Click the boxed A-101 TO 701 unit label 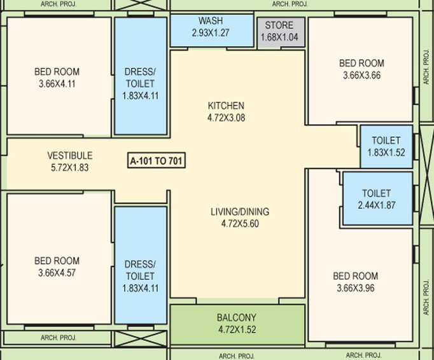pyautogui.click(x=157, y=160)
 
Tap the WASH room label pyautogui.click(x=211, y=21)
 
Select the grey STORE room pyautogui.click(x=281, y=34)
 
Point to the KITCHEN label pyautogui.click(x=226, y=106)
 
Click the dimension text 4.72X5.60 pyautogui.click(x=240, y=224)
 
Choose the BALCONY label pyautogui.click(x=237, y=317)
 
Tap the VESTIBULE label pyautogui.click(x=70, y=155)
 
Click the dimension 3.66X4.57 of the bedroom pyautogui.click(x=57, y=273)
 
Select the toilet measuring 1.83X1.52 pyautogui.click(x=386, y=146)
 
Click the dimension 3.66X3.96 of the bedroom pyautogui.click(x=356, y=288)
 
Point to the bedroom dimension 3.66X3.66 pyautogui.click(x=361, y=75)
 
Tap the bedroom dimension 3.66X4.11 pyautogui.click(x=57, y=84)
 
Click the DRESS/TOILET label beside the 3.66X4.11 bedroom pyautogui.click(x=140, y=78)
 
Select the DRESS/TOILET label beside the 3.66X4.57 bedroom pyautogui.click(x=140, y=270)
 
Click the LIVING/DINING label pyautogui.click(x=240, y=212)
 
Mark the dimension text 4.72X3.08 pyautogui.click(x=226, y=118)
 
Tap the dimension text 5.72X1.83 pyautogui.click(x=70, y=168)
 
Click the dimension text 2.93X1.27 pyautogui.click(x=211, y=33)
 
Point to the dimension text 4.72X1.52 pyautogui.click(x=237, y=329)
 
